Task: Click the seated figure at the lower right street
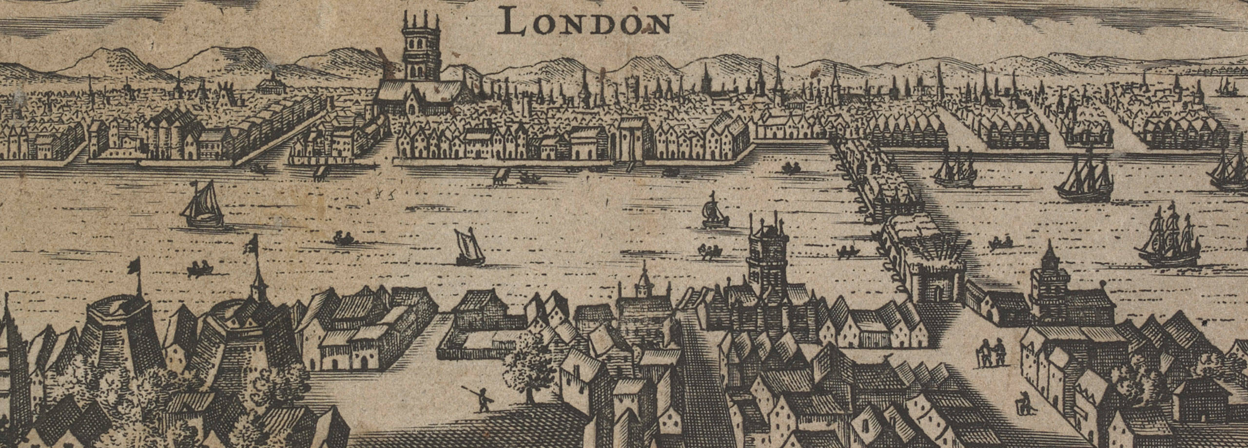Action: pyautogui.click(x=1020, y=406)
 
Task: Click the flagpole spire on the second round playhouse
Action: pyautogui.click(x=254, y=273)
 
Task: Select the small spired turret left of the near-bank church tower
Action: pyautogui.click(x=644, y=282)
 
